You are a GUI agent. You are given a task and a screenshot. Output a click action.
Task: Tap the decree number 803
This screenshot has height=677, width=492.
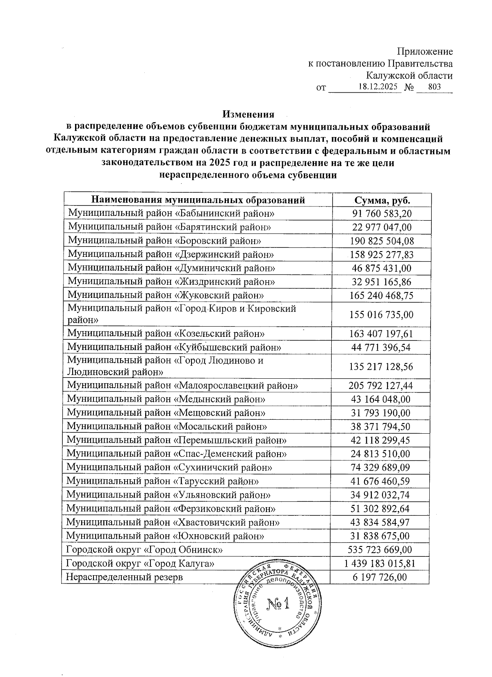pyautogui.click(x=434, y=87)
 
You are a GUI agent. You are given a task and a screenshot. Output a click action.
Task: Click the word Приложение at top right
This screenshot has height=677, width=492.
pyautogui.click(x=425, y=52)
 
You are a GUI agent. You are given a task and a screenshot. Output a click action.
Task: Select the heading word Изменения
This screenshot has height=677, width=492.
pyautogui.click(x=248, y=114)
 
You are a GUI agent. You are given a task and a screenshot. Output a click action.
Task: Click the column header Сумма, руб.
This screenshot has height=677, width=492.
pyautogui.click(x=381, y=200)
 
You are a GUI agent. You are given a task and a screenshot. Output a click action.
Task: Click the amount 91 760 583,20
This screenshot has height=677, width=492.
pyautogui.click(x=382, y=214)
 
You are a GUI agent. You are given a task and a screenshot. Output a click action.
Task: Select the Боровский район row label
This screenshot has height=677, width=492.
pyautogui.click(x=164, y=240)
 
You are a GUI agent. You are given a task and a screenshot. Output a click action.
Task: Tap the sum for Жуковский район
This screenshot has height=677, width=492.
pyautogui.click(x=381, y=295)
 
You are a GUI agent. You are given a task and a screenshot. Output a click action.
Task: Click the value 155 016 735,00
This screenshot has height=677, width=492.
pyautogui.click(x=381, y=315)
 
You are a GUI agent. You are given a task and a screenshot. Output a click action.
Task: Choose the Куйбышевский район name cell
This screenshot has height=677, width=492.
pyautogui.click(x=174, y=347)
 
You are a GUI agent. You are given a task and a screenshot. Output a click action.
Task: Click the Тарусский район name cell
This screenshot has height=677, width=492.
pyautogui.click(x=163, y=481)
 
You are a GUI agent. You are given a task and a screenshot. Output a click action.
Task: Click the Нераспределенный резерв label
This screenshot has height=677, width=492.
pyautogui.click(x=125, y=577)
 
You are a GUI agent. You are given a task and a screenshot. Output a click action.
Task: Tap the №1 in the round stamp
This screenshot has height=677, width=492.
pyautogui.click(x=278, y=604)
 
